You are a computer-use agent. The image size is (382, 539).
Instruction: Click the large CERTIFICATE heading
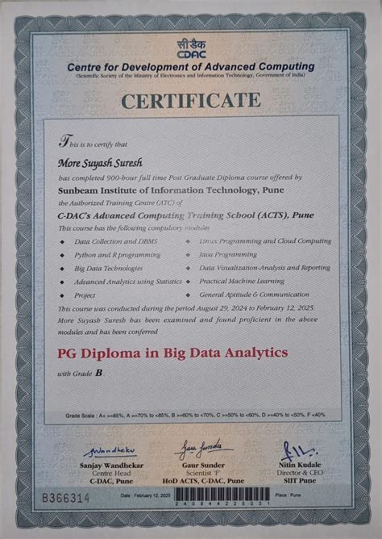point(191,101)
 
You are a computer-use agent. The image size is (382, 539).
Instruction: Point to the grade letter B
point(98,374)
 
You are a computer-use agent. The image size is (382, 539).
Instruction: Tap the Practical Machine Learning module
point(242,281)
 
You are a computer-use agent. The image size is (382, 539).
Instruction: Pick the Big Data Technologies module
point(109,268)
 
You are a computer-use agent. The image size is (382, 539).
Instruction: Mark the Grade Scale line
point(196,415)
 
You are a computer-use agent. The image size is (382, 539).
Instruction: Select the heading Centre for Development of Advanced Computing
point(191,65)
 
